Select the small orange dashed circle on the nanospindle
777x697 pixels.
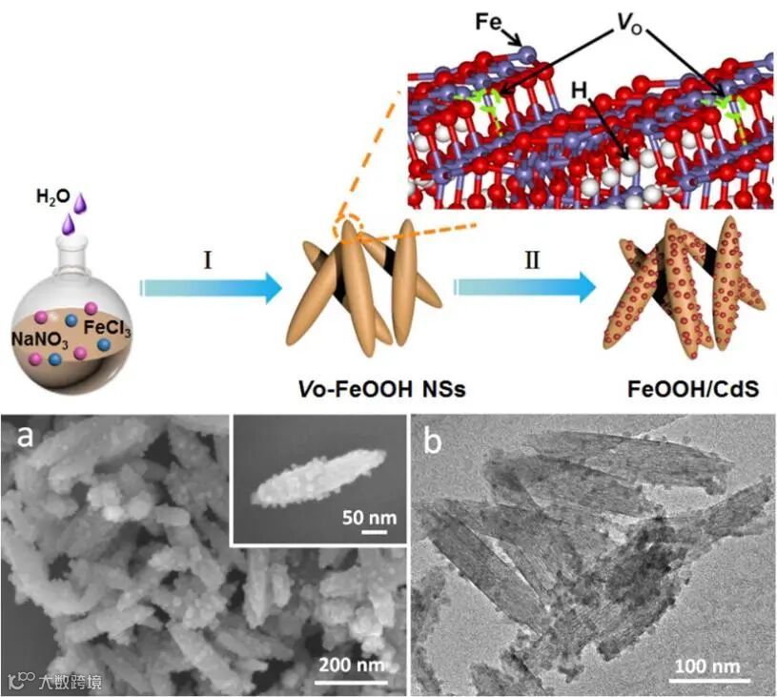[349, 227]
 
